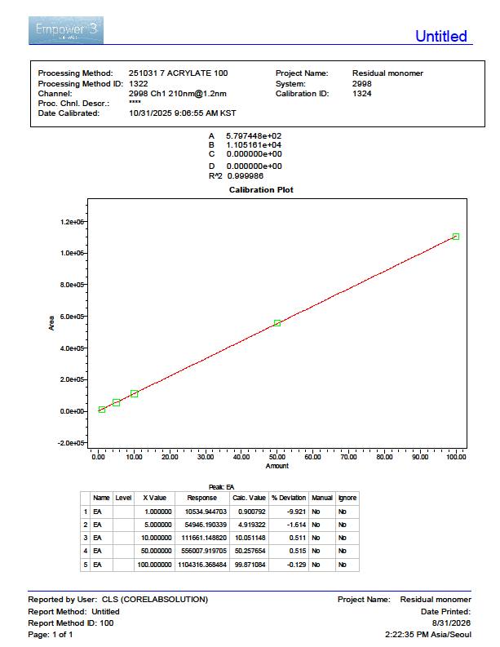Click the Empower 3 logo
click(x=66, y=30)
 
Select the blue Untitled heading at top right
click(x=441, y=37)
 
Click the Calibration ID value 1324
click(x=362, y=94)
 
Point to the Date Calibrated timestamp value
click(x=183, y=113)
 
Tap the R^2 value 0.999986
click(x=246, y=176)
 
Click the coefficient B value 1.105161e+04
click(x=254, y=145)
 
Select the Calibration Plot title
click(x=261, y=190)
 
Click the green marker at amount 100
click(x=456, y=237)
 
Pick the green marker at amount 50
click(x=277, y=323)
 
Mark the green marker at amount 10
click(x=134, y=393)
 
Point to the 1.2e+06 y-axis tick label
click(x=72, y=222)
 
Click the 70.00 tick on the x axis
click(x=348, y=457)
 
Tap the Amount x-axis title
click(x=277, y=466)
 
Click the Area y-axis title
click(x=51, y=323)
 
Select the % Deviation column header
click(x=289, y=498)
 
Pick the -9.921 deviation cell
click(x=296, y=512)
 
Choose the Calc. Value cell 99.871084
click(x=250, y=565)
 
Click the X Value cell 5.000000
click(x=158, y=525)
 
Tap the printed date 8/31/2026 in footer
click(x=451, y=623)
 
